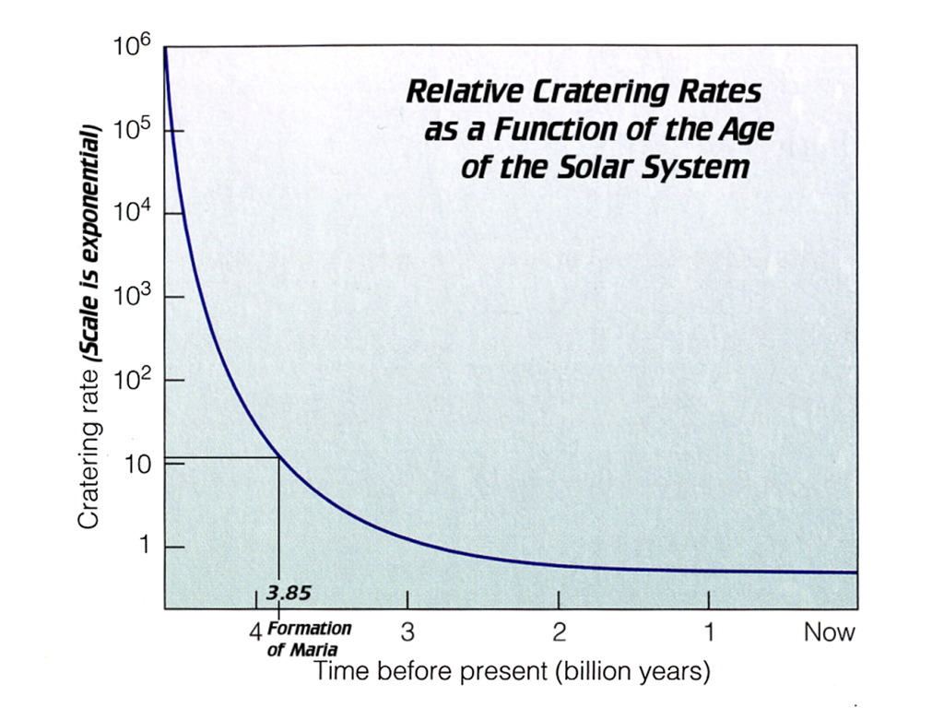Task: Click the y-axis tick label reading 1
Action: [143, 547]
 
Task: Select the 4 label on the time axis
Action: [255, 632]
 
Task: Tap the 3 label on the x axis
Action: [407, 632]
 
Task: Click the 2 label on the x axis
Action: [559, 632]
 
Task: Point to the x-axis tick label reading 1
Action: [709, 632]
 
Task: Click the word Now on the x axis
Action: [830, 632]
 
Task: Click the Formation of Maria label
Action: [309, 638]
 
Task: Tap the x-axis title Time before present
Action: [512, 671]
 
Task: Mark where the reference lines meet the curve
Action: [278, 457]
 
